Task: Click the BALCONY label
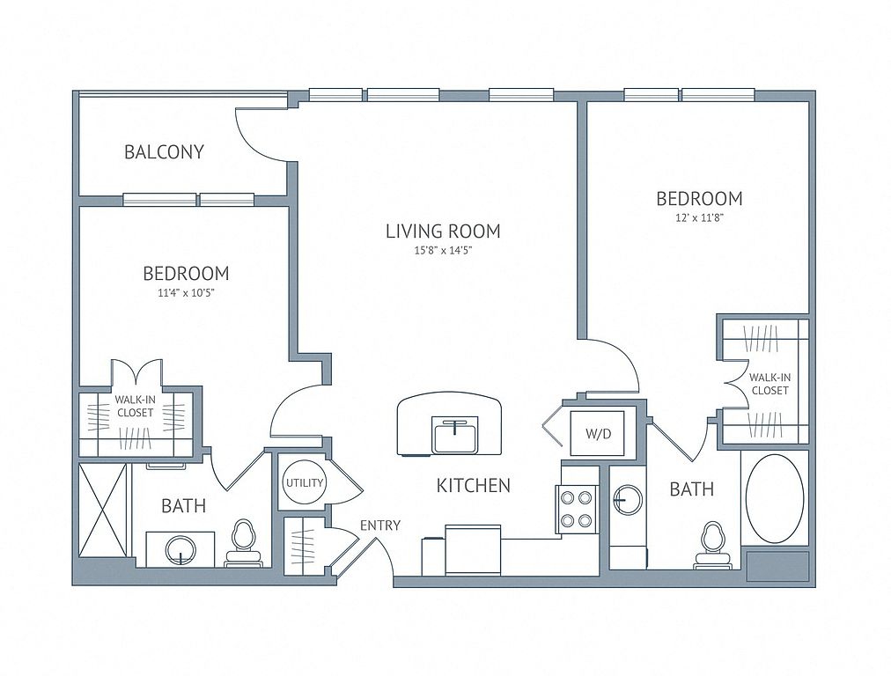click(x=165, y=152)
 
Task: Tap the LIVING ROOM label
click(x=443, y=231)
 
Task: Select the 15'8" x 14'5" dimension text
click(x=443, y=251)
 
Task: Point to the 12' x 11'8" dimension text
click(x=699, y=217)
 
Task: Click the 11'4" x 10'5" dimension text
click(x=186, y=293)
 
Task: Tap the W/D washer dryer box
click(x=598, y=433)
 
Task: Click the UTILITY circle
click(x=305, y=483)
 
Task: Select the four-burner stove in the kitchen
click(x=577, y=510)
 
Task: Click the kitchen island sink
click(x=454, y=435)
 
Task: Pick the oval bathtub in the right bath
click(x=775, y=499)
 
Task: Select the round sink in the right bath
click(x=628, y=500)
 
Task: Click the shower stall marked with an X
click(x=102, y=510)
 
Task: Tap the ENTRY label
click(x=380, y=525)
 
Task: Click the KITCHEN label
click(x=474, y=485)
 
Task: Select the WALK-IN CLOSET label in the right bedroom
click(x=770, y=384)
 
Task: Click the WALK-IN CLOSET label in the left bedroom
click(x=136, y=407)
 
